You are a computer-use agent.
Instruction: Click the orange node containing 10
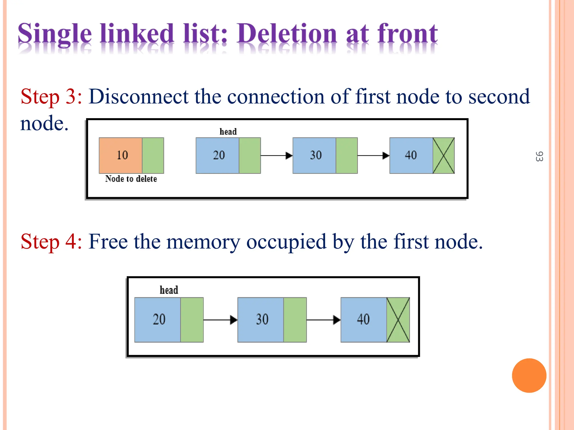coord(121,155)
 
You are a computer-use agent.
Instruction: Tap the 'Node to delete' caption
coord(131,179)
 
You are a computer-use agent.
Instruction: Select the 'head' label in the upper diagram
coord(228,131)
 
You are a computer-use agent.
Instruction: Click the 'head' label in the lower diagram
coord(169,290)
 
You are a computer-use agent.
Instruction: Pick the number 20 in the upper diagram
coord(219,155)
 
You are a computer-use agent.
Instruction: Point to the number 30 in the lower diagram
coord(262,319)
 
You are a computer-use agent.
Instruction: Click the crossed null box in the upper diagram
coord(443,155)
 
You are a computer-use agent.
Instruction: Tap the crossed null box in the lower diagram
coord(398,320)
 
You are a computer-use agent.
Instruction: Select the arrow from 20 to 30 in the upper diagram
coord(276,155)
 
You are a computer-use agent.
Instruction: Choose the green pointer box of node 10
coord(153,155)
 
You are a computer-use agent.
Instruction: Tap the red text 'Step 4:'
coord(51,242)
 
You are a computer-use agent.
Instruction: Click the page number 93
coord(539,156)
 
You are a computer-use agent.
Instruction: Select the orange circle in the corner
coord(529,375)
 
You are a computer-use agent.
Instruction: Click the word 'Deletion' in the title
coord(286,34)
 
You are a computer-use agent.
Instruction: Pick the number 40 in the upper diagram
coord(411,155)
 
